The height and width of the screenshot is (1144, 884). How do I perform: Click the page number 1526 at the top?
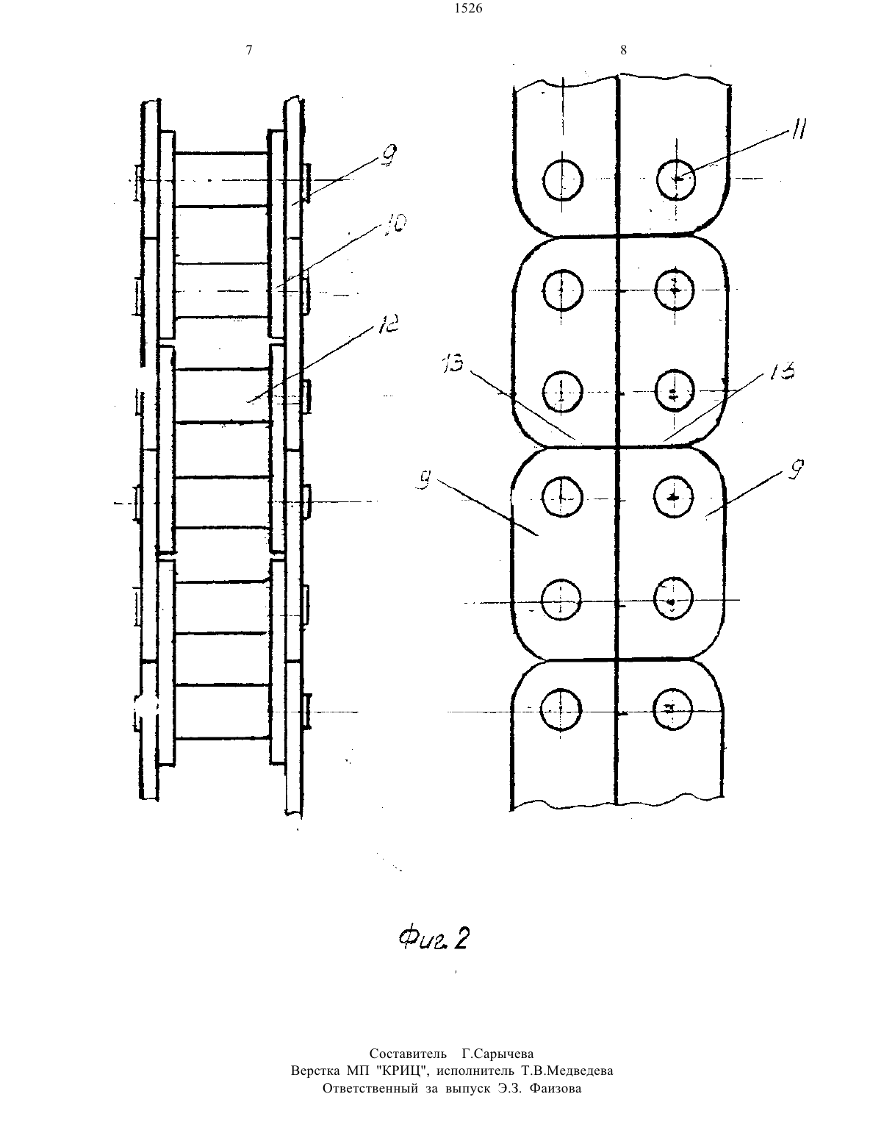pos(468,8)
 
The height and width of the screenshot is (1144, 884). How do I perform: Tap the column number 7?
pos(249,50)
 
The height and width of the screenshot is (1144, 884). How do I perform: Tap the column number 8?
pos(624,50)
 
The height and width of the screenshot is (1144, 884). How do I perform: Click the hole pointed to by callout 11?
pos(676,180)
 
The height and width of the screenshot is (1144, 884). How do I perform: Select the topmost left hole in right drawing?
pos(563,181)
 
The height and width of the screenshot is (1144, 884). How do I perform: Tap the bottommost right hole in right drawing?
pos(672,709)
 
